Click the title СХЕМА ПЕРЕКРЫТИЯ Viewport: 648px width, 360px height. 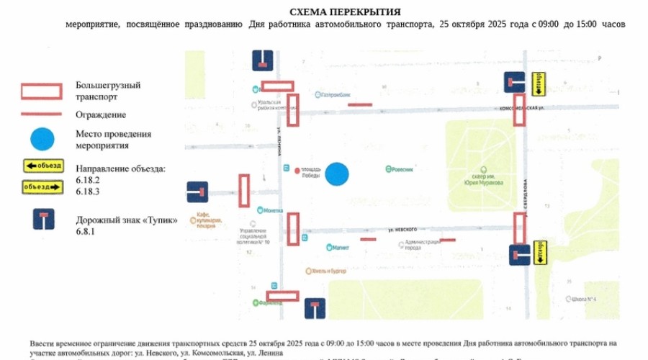pyautogui.click(x=345, y=12)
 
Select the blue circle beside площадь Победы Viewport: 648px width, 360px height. pyautogui.click(x=336, y=173)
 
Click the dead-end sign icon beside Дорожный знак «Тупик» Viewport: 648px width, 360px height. pyautogui.click(x=43, y=220)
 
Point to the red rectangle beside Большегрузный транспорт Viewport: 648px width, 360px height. pyautogui.click(x=43, y=91)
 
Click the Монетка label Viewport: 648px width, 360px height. pyautogui.click(x=270, y=211)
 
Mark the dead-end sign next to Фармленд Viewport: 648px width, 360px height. pyautogui.click(x=315, y=308)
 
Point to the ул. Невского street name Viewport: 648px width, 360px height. pyautogui.click(x=402, y=229)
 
